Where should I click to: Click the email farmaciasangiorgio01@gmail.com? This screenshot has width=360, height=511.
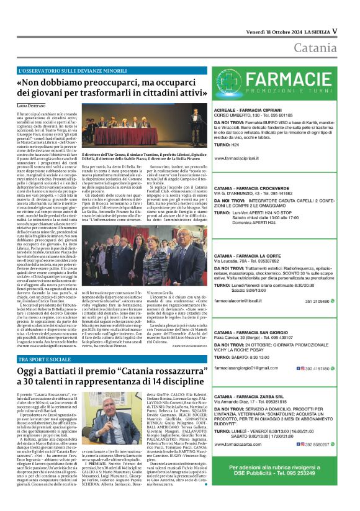click(x=248, y=368)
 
